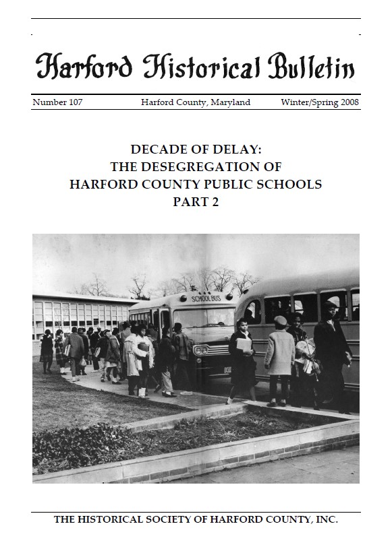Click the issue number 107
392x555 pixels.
pos(75,102)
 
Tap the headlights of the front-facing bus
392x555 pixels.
pos(200,351)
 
